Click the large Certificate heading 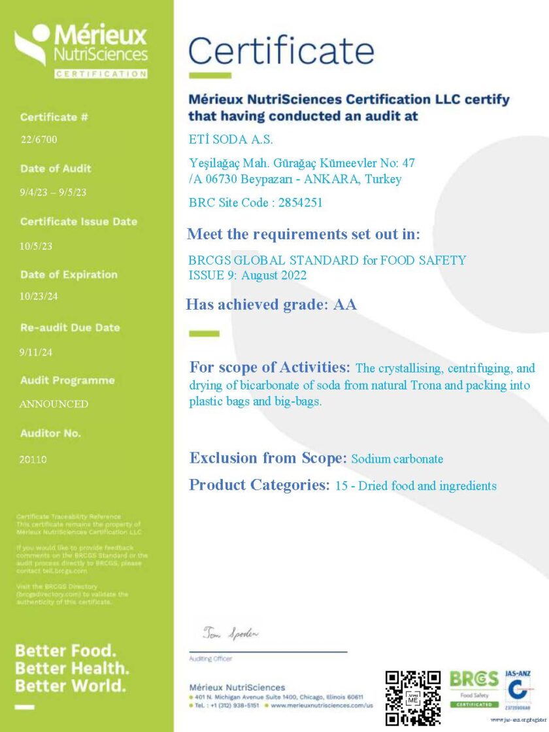pyautogui.click(x=281, y=50)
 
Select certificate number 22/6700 pyautogui.click(x=39, y=139)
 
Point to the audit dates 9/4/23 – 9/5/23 pyautogui.click(x=53, y=192)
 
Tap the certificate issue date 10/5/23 pyautogui.click(x=36, y=246)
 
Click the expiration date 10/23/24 pyautogui.click(x=39, y=296)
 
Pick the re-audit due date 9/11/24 pyautogui.click(x=36, y=352)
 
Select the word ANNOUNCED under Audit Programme pyautogui.click(x=54, y=404)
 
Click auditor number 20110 pyautogui.click(x=33, y=459)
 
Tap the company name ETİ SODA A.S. pyautogui.click(x=231, y=139)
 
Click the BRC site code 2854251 pyautogui.click(x=300, y=203)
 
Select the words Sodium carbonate pyautogui.click(x=397, y=459)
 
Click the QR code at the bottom pyautogui.click(x=412, y=697)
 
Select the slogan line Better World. pyautogui.click(x=70, y=686)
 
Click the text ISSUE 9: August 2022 pyautogui.click(x=247, y=275)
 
